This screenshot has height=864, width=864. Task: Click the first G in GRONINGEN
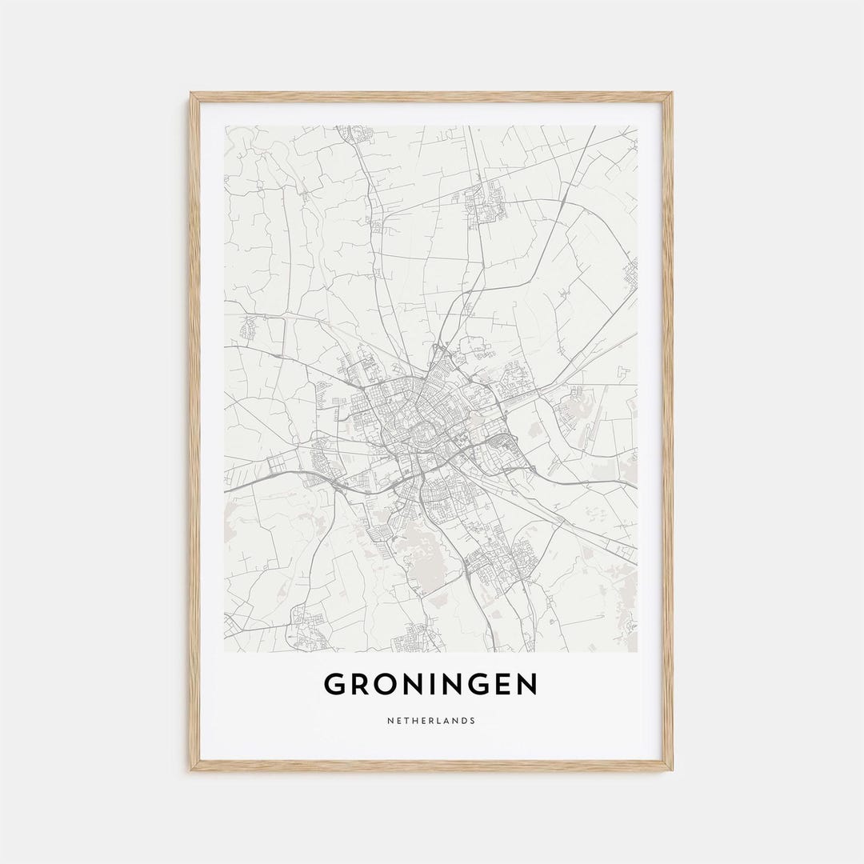coord(335,685)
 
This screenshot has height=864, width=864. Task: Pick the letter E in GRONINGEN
coord(502,685)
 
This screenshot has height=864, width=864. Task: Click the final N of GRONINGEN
coord(527,685)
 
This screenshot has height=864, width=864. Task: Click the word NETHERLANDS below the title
coord(431,721)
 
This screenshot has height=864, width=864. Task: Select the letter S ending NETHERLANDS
coord(473,721)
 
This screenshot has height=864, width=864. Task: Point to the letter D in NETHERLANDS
coord(464,721)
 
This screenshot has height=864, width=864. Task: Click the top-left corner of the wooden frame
coord(190,94)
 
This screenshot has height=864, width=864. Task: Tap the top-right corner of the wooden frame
coord(672,94)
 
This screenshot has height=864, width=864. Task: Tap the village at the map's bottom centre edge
coord(412,640)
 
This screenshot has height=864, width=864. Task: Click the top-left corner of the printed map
coord(225,126)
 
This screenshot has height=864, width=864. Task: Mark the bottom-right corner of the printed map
coord(638,652)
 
